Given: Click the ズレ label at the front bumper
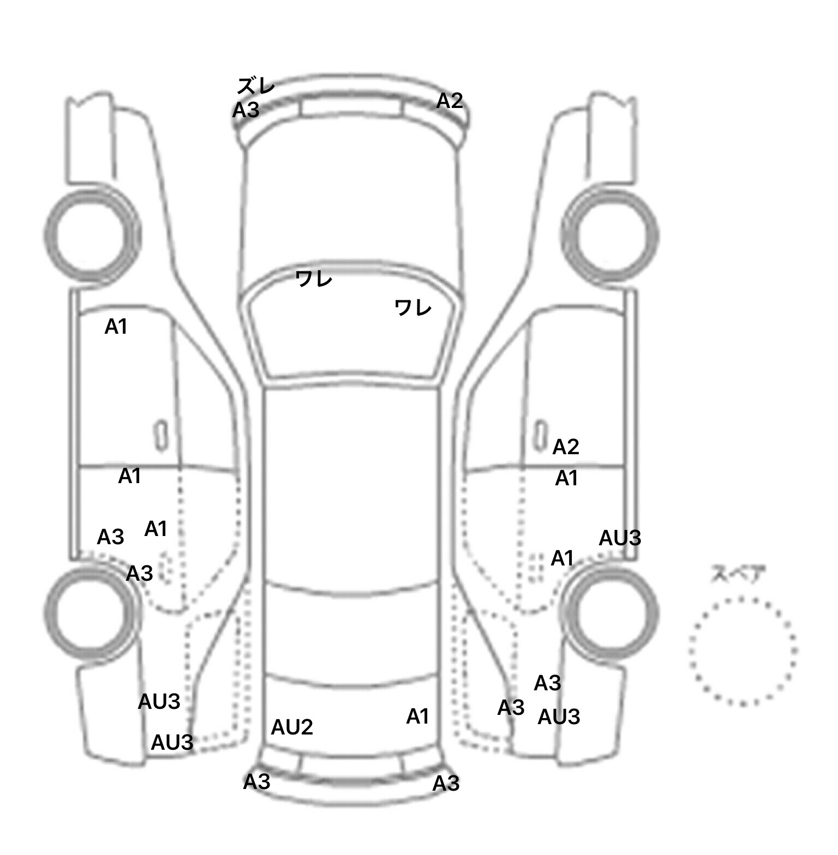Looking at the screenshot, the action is point(256,86).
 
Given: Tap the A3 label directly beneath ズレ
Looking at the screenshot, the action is point(246,111).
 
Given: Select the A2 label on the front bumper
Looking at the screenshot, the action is point(450,100).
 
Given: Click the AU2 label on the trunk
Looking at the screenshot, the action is point(292,727).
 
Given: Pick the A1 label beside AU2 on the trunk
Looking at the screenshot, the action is point(417,716).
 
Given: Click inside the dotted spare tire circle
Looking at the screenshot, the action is point(743,651).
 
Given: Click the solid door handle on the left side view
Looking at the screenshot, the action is point(160,436).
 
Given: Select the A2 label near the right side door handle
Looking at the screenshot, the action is point(566,447).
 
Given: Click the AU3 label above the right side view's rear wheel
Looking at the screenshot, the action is point(620,538).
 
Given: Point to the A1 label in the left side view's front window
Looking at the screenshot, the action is point(116,327).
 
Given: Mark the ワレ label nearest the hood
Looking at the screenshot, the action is point(314,279).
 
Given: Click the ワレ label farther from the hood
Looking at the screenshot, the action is point(413,308).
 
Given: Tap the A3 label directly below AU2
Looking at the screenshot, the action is point(256,782).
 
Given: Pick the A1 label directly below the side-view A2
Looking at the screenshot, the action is point(566,478).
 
